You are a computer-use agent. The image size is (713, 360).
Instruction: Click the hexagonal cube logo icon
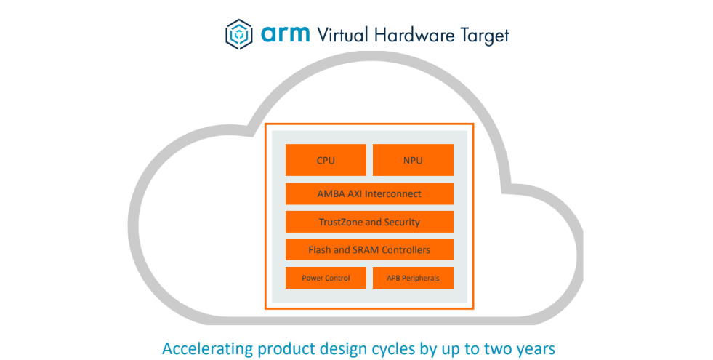coord(238,34)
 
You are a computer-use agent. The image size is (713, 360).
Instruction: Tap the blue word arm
coord(285,34)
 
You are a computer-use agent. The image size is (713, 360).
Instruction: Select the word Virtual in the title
coord(342,35)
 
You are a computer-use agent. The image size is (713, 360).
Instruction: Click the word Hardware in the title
coord(414,35)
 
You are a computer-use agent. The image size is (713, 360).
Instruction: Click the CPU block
coord(326,160)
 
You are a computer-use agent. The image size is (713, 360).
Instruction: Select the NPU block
coord(413,160)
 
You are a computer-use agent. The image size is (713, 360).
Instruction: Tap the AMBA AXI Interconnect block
coord(369,194)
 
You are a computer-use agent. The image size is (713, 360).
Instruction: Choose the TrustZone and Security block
coord(369,222)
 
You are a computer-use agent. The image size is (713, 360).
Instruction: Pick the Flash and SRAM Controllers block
coord(369,249)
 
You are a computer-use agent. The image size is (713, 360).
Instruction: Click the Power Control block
coord(326,278)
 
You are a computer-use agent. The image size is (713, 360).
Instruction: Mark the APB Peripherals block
coord(413,278)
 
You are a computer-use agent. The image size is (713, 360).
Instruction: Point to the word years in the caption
coord(536,350)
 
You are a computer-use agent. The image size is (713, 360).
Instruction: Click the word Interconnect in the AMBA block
coord(393,194)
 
